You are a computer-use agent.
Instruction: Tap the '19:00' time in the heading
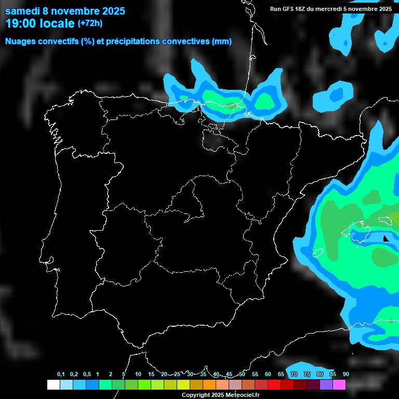click(20, 23)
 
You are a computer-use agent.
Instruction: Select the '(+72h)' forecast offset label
click(90, 23)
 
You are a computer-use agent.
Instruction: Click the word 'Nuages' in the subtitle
click(21, 42)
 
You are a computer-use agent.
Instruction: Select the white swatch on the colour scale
click(54, 385)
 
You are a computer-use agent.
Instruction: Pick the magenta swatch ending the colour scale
click(339, 385)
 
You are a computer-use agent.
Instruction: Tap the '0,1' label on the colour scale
click(61, 375)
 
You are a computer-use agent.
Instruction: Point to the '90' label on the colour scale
click(346, 375)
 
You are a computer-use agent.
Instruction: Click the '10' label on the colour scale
click(138, 375)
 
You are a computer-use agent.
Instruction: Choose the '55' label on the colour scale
click(255, 375)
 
